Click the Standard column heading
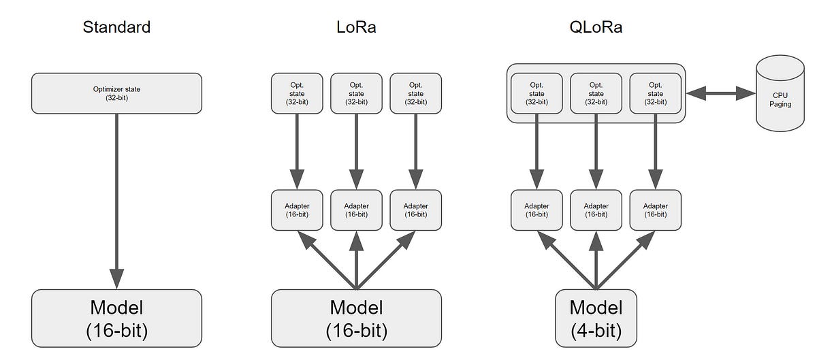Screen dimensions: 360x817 coord(116,28)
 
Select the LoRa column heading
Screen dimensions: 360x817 coord(356,28)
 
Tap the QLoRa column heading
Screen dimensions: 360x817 coord(596,28)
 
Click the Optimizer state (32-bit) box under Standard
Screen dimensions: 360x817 coord(116,93)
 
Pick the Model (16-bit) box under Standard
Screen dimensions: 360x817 coord(116,319)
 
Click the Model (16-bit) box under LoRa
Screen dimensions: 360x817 coord(356,319)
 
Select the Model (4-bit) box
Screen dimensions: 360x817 coord(596,319)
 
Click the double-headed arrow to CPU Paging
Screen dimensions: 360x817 coord(720,94)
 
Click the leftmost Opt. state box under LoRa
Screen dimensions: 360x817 coord(297,93)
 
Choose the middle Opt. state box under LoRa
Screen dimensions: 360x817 coord(356,93)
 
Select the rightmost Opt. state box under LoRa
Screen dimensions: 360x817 coord(415,93)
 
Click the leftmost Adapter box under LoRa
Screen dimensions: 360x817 coord(297,210)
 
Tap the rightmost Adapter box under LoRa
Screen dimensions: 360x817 coord(415,210)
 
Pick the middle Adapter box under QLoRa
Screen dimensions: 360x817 coord(596,210)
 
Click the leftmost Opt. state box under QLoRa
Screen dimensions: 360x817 coord(536,93)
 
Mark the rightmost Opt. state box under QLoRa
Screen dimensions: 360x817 coord(655,93)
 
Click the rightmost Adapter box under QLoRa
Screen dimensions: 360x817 coord(655,210)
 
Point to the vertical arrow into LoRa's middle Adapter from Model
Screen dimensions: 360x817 coord(356,262)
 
